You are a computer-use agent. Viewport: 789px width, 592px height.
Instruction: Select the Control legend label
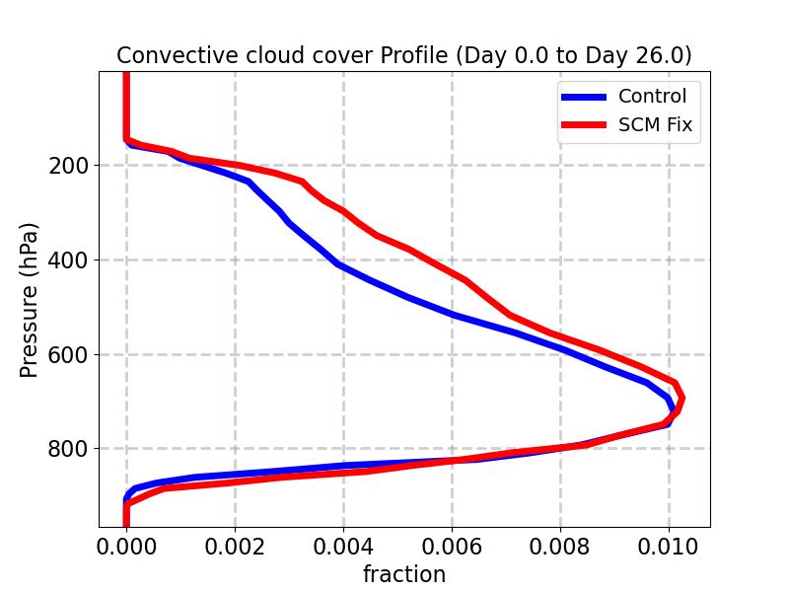[x=652, y=96]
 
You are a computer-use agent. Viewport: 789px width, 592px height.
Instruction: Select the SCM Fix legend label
[x=655, y=125]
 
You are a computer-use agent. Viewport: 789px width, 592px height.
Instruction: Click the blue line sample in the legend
[x=584, y=97]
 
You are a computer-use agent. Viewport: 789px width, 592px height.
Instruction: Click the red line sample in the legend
[x=584, y=126]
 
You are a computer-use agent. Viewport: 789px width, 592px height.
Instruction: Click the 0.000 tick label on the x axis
[x=126, y=545]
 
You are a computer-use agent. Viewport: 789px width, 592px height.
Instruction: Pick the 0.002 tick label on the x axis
[x=235, y=545]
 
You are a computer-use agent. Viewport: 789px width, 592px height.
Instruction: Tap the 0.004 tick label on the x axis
[x=343, y=545]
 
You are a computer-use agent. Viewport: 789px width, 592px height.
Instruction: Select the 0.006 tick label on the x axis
[x=452, y=545]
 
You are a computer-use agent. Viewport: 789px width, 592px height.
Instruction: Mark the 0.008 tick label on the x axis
[x=560, y=545]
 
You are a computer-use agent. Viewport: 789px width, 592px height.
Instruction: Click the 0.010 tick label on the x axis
[x=669, y=545]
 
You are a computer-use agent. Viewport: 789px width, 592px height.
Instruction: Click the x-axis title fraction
[x=404, y=574]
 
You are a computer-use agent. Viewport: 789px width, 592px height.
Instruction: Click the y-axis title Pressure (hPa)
[x=30, y=299]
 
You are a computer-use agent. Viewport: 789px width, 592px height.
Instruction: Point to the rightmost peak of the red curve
[x=681, y=398]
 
